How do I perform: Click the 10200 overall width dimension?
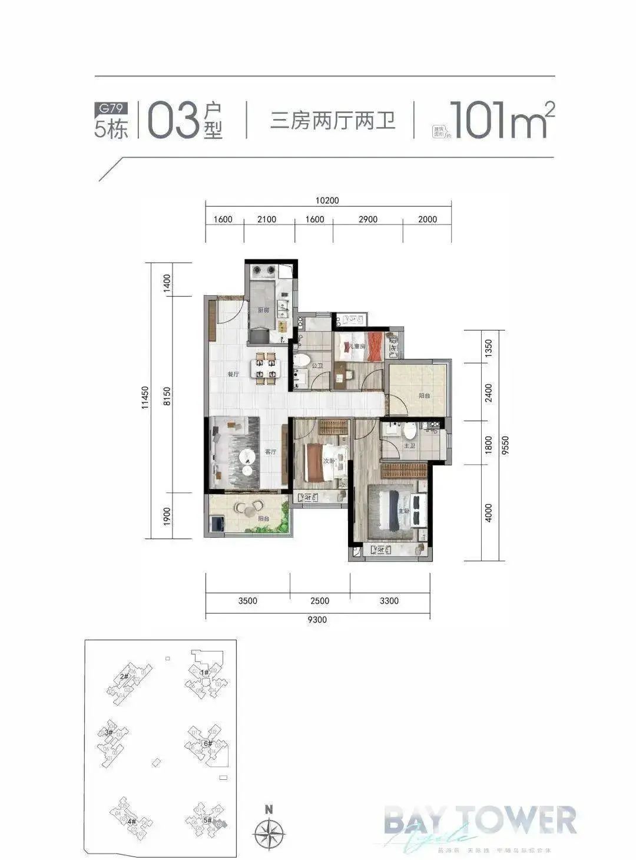(327, 200)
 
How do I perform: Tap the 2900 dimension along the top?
(367, 219)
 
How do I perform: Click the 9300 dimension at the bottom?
(317, 619)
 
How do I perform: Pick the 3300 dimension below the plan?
(389, 601)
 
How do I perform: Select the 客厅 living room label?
(271, 452)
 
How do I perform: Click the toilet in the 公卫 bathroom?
(302, 361)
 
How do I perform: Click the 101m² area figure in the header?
(501, 121)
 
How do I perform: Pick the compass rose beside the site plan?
(269, 833)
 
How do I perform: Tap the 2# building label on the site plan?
(124, 677)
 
